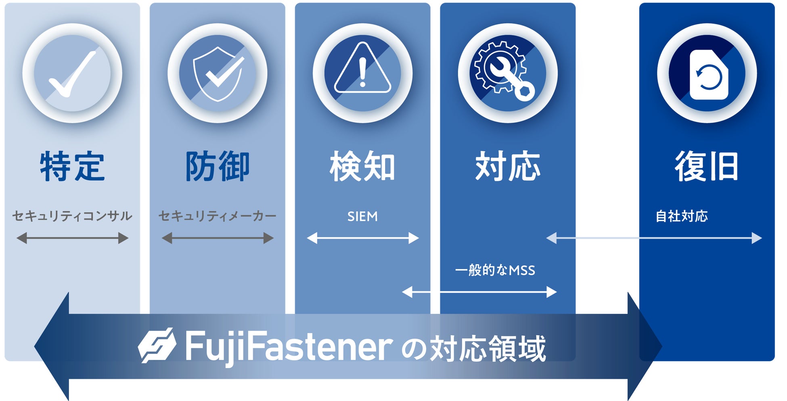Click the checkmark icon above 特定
point(72,73)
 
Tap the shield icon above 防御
point(218,73)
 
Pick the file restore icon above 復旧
point(708,75)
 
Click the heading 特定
point(72,166)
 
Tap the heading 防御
point(218,166)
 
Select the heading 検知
point(362,166)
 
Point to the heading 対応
point(508,166)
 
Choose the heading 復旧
point(707,166)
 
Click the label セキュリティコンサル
point(72,216)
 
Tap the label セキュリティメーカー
point(218,216)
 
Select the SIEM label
point(362,217)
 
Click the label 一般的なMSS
point(495,270)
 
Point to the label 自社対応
point(682,216)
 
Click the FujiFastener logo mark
point(157,345)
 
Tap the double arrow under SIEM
point(362,238)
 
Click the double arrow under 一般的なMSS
point(479,292)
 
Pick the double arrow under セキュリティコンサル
point(72,238)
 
